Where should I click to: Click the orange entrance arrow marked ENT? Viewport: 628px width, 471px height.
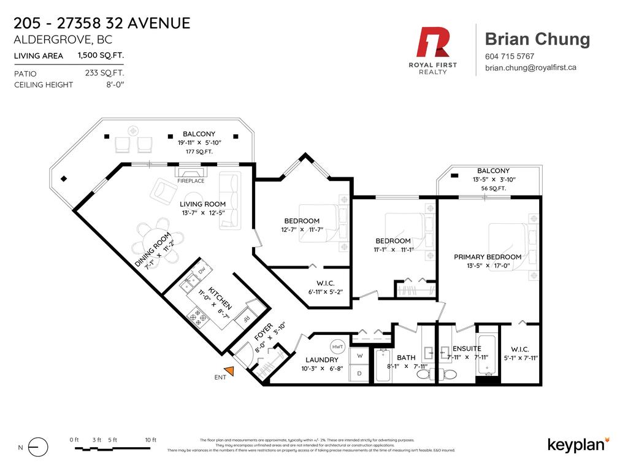[229, 370]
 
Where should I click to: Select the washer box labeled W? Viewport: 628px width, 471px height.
[359, 356]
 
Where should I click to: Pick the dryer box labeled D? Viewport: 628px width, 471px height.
[359, 372]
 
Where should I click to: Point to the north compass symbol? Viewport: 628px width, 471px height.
[37, 447]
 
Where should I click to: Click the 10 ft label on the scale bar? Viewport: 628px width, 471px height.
[151, 440]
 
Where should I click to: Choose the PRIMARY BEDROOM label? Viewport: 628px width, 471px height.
[488, 257]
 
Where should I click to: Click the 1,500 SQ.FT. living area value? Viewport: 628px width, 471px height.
[101, 55]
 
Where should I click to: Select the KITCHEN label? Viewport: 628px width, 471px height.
[220, 297]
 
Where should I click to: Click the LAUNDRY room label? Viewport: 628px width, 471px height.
[322, 359]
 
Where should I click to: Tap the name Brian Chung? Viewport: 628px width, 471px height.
[537, 39]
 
